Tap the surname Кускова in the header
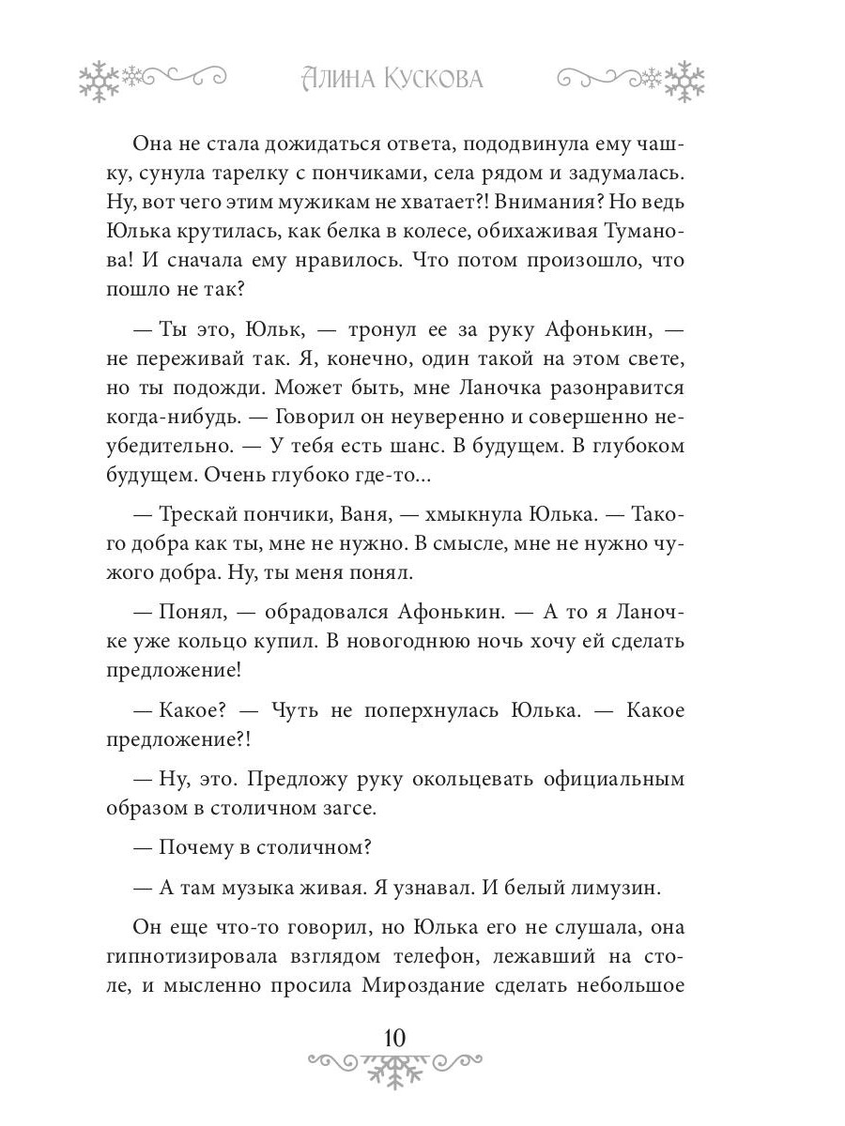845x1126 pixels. tap(434, 80)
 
